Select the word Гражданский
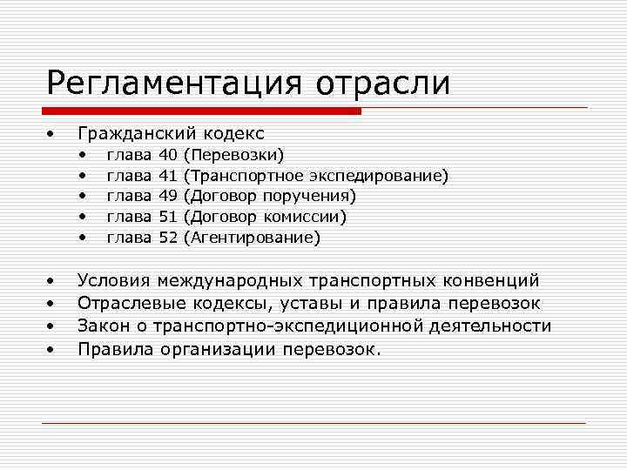pos(138,133)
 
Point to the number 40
pos(169,155)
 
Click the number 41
pos(169,175)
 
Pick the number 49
pos(169,195)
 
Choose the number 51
pos(169,216)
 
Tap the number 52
pos(169,237)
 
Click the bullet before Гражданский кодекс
pos(51,134)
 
